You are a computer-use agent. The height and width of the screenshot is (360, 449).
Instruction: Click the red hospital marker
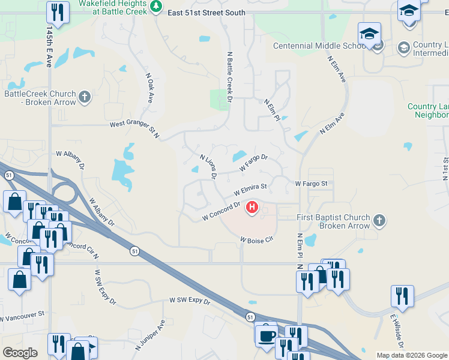click(252, 208)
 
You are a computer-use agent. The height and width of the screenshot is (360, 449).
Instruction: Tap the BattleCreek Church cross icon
click(85, 96)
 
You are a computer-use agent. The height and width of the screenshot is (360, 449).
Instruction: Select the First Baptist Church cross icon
click(379, 220)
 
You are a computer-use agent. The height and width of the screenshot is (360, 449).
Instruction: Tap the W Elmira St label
click(250, 190)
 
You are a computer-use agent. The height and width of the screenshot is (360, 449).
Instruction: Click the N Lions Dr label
click(208, 166)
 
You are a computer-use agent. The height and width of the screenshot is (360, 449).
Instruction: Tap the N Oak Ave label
click(149, 88)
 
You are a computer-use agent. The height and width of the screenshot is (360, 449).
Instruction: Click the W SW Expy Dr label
click(190, 300)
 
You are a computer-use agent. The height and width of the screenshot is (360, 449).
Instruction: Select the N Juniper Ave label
click(161, 334)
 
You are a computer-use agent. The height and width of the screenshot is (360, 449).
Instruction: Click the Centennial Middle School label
click(318, 46)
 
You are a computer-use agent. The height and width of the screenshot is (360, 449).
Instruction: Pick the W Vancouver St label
click(22, 315)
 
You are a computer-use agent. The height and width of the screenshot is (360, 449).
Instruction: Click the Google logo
click(20, 353)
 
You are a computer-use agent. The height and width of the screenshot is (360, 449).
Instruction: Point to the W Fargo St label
click(310, 184)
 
